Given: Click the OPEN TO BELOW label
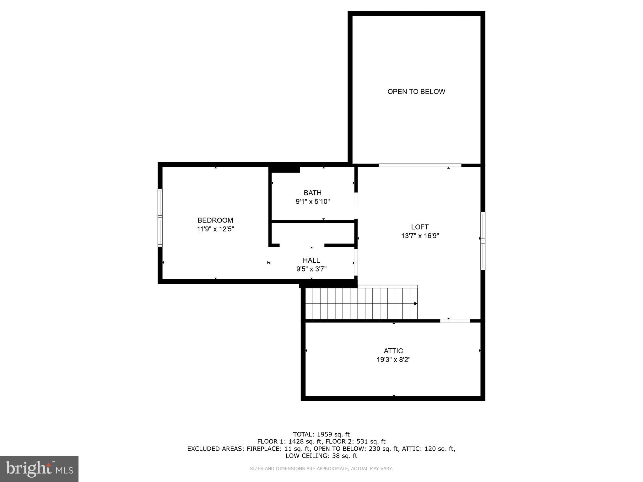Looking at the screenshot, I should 416,92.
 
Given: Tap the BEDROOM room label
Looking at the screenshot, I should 215,220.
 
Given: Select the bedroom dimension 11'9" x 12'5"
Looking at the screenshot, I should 215,229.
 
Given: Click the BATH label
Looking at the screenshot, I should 312,193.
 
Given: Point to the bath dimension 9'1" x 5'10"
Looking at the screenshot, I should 312,201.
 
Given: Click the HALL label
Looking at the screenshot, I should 311,260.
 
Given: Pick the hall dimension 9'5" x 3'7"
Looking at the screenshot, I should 311,269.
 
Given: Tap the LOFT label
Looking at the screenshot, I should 419,227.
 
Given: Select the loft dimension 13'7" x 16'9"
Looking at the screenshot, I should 420,236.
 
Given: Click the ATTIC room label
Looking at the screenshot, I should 393,351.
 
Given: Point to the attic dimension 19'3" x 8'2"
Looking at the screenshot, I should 393,360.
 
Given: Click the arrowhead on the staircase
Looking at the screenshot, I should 415,303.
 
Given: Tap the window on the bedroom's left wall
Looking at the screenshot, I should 160,217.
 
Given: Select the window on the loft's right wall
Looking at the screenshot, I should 483,241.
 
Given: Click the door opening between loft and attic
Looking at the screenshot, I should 455,321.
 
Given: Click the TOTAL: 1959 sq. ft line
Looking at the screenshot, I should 321,434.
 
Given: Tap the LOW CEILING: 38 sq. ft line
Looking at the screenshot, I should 321,456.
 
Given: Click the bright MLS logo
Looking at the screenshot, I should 39,469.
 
